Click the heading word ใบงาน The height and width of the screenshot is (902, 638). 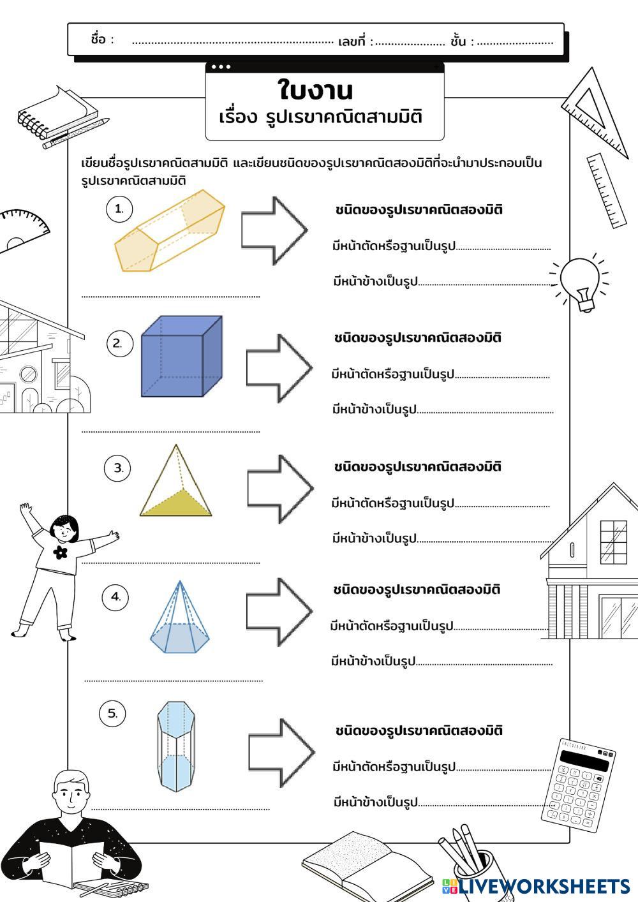[315, 91]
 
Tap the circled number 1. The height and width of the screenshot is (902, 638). [119, 209]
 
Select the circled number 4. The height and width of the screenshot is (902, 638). [115, 597]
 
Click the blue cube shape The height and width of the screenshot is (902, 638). [181, 357]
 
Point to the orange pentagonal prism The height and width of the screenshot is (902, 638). [169, 231]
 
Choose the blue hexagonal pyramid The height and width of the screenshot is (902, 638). [179, 619]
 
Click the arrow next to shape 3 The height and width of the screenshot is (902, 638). [280, 488]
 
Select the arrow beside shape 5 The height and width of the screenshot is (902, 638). [281, 753]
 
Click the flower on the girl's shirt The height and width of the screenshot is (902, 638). [61, 552]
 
